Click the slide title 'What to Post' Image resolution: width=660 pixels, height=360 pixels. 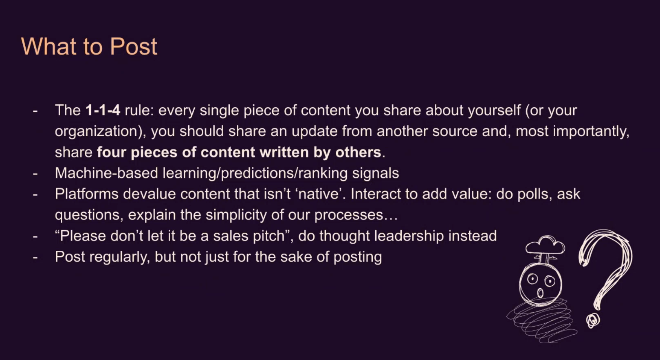point(89,46)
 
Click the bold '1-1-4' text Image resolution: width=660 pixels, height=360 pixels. point(103,110)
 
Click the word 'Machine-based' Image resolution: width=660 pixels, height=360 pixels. point(106,173)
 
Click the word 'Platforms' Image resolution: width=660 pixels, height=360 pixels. point(87,194)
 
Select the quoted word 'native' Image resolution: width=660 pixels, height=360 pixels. point(320,194)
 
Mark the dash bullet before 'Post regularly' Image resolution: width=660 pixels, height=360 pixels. point(35,257)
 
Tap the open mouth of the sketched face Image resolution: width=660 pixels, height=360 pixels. point(540,293)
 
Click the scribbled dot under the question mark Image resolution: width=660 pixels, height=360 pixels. point(593,320)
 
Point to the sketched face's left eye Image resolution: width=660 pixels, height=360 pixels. point(532,279)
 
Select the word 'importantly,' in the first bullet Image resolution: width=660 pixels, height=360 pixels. point(591,132)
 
